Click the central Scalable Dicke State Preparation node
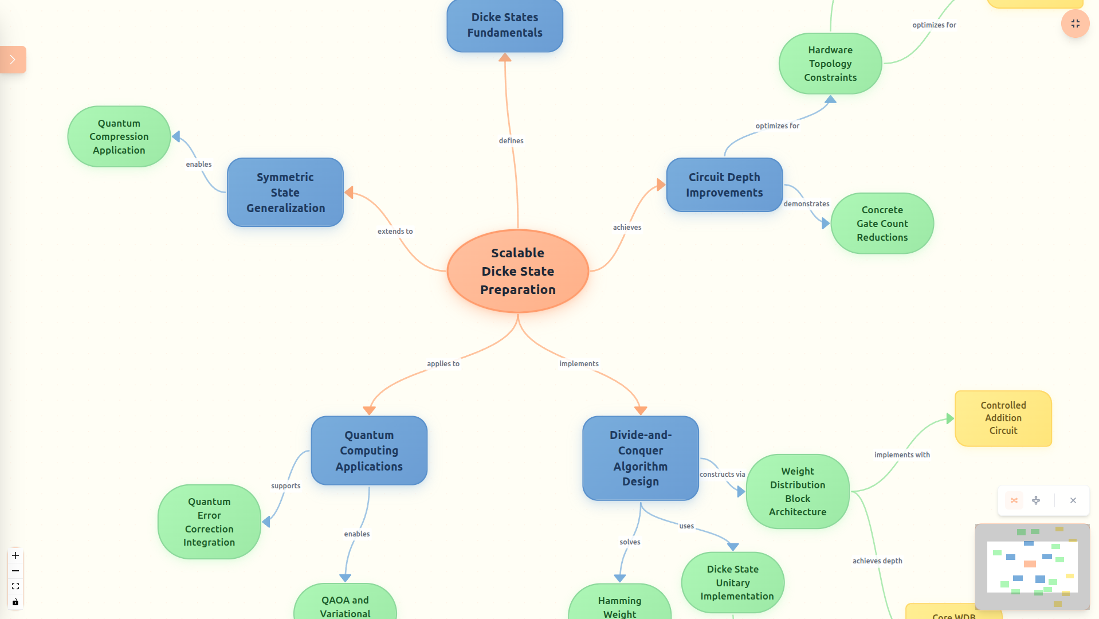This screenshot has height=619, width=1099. (x=517, y=271)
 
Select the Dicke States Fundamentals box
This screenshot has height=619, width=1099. (x=504, y=25)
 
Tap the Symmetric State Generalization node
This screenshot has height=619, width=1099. (x=285, y=193)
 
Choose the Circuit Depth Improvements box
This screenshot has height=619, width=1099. (x=724, y=185)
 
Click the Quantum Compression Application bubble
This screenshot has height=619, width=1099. (x=119, y=137)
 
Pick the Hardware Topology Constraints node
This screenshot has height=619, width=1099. (x=830, y=64)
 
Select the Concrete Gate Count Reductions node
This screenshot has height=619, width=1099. (x=882, y=224)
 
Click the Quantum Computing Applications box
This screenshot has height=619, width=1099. (x=369, y=450)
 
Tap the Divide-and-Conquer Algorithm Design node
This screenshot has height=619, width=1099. (x=640, y=458)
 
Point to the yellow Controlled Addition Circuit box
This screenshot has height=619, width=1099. (x=1003, y=418)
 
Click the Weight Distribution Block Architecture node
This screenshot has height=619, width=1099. (x=797, y=491)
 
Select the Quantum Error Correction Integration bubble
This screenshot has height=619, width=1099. (x=209, y=522)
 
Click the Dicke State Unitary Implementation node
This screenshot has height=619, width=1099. (x=732, y=582)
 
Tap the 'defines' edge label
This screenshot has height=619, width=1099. (x=511, y=141)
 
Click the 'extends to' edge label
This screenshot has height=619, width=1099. (x=395, y=232)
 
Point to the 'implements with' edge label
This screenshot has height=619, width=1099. (x=901, y=455)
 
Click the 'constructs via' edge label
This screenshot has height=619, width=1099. (x=722, y=475)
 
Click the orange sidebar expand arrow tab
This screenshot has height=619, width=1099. (x=13, y=60)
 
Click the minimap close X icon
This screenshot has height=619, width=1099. (x=1073, y=500)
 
